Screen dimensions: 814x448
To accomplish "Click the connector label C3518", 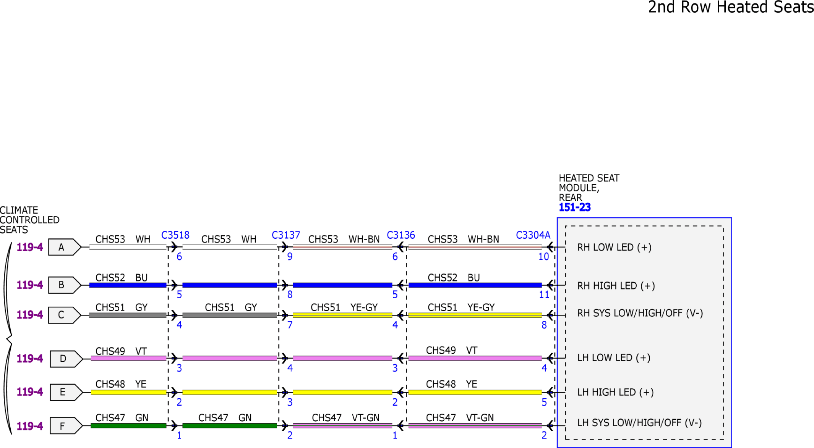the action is [x=175, y=235].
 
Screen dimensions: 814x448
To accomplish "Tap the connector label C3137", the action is [x=286, y=235].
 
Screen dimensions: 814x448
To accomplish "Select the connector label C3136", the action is [x=401, y=235].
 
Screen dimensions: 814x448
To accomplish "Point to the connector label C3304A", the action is [x=533, y=235].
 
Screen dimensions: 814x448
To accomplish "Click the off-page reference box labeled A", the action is [x=65, y=247].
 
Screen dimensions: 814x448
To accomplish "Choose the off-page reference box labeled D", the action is [x=66, y=359].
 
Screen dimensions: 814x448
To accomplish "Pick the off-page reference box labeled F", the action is [x=66, y=426].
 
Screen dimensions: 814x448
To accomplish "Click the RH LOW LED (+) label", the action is [x=614, y=247].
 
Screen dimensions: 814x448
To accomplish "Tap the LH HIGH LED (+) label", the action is [x=615, y=392].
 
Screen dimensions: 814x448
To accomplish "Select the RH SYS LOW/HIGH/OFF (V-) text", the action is [x=640, y=313].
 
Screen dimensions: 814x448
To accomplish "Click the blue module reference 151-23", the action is [x=575, y=207].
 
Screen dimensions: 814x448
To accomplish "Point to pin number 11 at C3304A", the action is [x=544, y=294].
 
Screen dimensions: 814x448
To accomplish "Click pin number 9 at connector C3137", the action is [x=290, y=257].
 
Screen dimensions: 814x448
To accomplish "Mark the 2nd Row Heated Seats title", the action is [x=731, y=7].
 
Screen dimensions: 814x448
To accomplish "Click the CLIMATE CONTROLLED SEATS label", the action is [x=29, y=220].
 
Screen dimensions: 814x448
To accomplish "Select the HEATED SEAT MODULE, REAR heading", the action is [x=589, y=188].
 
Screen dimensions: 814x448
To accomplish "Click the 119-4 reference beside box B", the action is [x=30, y=285].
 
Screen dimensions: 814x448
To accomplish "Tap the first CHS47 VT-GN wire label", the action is [x=345, y=418].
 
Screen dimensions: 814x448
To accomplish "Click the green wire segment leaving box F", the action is [x=128, y=426].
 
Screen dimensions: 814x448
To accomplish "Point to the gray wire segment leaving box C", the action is [x=128, y=315].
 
